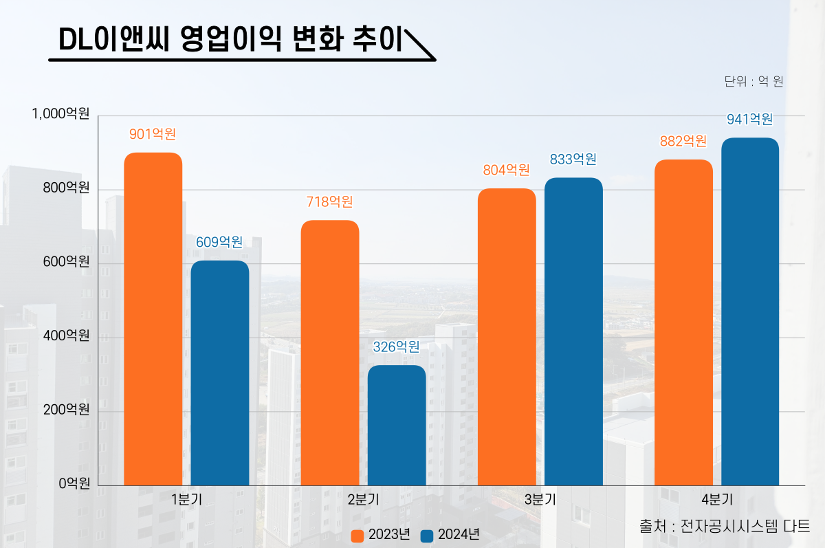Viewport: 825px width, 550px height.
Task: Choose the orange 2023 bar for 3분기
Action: (507, 337)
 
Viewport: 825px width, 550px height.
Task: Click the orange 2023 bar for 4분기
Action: (683, 322)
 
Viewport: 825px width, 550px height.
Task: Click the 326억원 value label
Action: (396, 347)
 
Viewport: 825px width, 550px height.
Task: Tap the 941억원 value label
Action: (750, 120)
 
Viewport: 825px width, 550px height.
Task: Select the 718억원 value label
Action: (329, 202)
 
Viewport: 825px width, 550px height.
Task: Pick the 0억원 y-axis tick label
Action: (74, 484)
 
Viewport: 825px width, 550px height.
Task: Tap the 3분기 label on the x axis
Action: (540, 500)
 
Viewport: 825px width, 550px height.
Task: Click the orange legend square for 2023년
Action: (357, 536)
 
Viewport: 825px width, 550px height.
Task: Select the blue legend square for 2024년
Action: (427, 536)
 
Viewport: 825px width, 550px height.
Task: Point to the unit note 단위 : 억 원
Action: (753, 82)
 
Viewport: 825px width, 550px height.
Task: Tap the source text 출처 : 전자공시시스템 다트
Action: (725, 527)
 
